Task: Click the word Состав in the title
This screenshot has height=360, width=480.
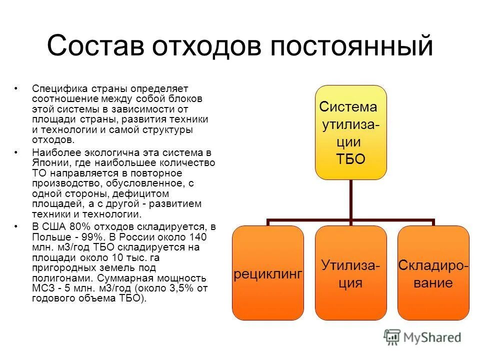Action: coord(97,46)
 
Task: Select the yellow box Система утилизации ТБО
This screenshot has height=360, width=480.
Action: coord(350,132)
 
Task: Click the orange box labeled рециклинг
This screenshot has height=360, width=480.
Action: coord(268,273)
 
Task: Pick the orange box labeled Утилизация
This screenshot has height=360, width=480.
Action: coord(350,273)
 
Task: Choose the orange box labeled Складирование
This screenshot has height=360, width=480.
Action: coord(433,273)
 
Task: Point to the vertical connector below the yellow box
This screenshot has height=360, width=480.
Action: coord(350,200)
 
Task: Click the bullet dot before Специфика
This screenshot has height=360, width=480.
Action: coord(17,88)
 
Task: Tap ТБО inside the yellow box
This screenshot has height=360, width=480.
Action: coord(350,159)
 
